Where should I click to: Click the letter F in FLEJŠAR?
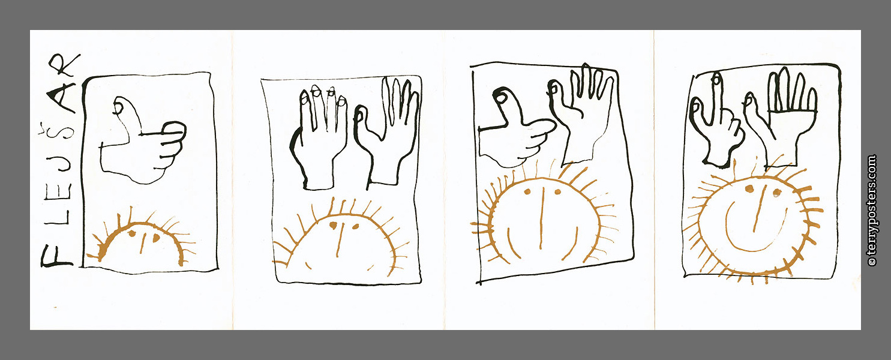click(56, 256)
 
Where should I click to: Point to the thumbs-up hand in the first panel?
click(143, 141)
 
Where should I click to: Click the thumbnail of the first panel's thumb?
click(118, 107)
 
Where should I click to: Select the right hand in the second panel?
click(386, 131)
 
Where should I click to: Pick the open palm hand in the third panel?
click(581, 115)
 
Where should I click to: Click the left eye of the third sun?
click(527, 192)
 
